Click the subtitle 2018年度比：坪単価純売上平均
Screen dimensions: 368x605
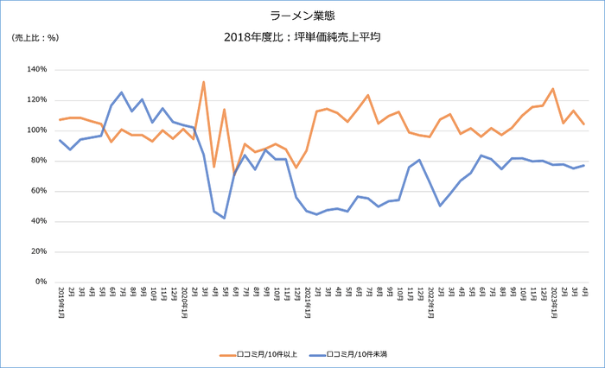302,37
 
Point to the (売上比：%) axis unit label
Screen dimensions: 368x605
35,37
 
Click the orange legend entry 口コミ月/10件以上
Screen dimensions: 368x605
260,354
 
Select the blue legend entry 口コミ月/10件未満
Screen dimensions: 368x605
355,354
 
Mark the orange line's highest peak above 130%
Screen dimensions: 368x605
203,82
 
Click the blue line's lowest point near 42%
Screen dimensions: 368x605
224,218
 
